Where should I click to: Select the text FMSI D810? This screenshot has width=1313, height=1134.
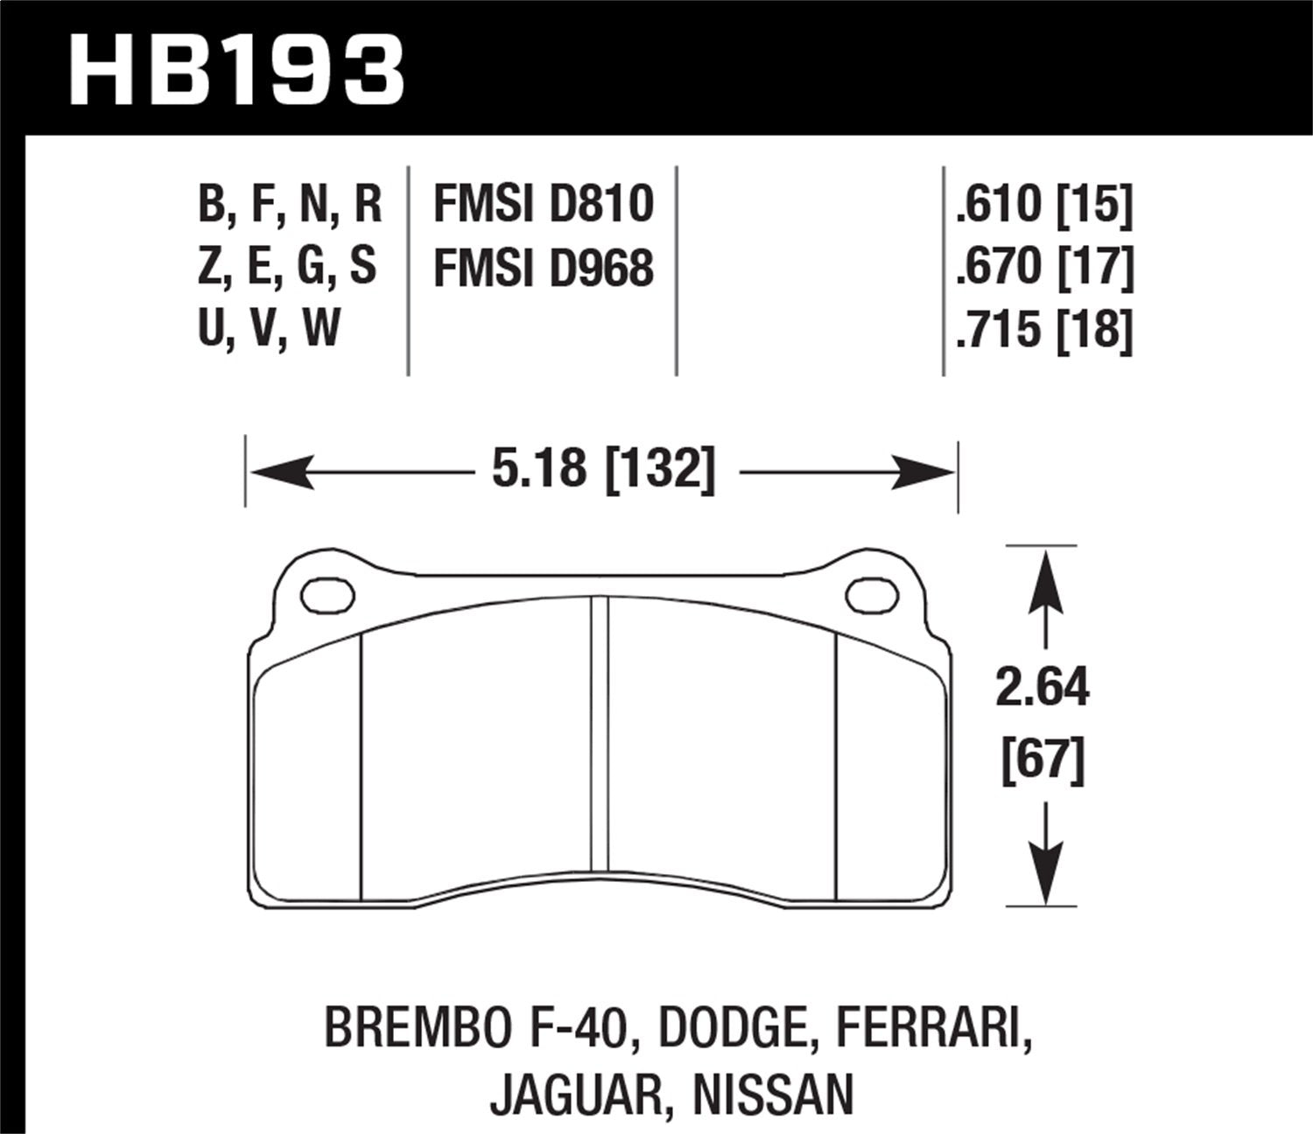coord(544,204)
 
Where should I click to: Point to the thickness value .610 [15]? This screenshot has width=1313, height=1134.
coord(1044,204)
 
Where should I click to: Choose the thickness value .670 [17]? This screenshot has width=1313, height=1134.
coord(1044,267)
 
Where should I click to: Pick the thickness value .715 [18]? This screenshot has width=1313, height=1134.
coord(1044,330)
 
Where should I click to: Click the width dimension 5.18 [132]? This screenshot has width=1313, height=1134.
coord(603,470)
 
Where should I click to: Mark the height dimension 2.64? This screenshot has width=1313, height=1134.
coord(1043,687)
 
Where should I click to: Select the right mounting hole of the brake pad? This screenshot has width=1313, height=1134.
coord(873,595)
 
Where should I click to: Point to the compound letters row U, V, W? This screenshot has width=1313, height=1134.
coord(269,330)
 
